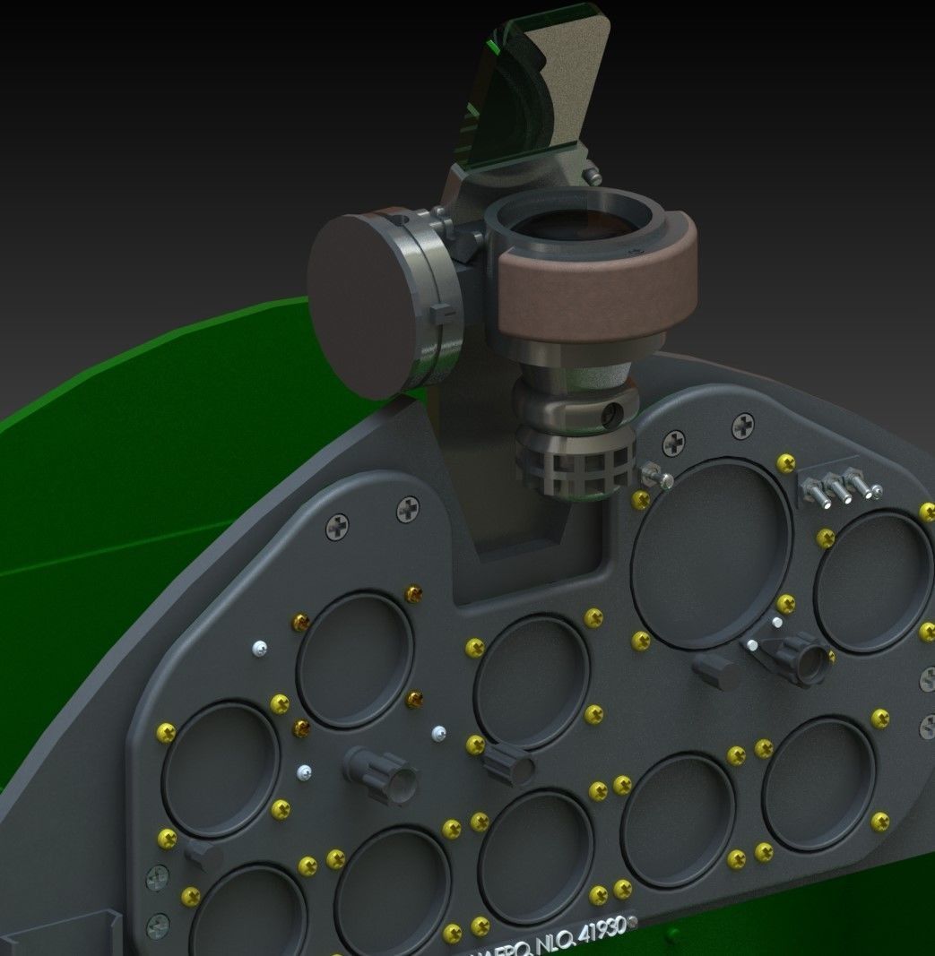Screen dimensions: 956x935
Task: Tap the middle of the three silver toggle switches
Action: coord(840,487)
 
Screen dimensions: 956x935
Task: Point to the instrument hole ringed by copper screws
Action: coord(355,659)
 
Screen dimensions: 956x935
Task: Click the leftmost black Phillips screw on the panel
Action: coord(338,526)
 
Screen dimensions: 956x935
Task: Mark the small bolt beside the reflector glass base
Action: coord(593,175)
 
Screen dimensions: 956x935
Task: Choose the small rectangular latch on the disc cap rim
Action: coord(439,314)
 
